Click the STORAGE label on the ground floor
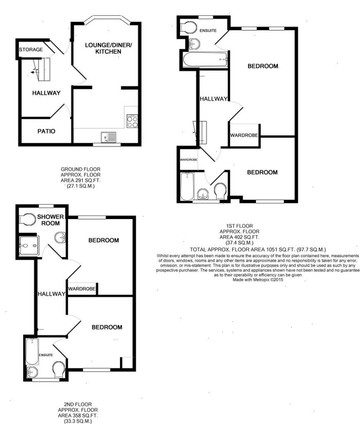pyautogui.click(x=31, y=50)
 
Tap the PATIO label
pyautogui.click(x=46, y=131)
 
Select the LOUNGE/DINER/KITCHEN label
pyautogui.click(x=108, y=48)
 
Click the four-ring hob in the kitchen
pyautogui.click(x=132, y=121)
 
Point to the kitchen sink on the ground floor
pyautogui.click(x=109, y=137)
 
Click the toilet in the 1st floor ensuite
pyautogui.click(x=188, y=27)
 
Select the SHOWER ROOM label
pyautogui.click(x=51, y=220)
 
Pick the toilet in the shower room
pyautogui.click(x=28, y=219)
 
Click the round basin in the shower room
pyautogui.click(x=60, y=238)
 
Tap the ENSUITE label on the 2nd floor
pyautogui.click(x=46, y=355)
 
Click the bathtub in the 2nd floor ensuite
pyautogui.click(x=32, y=352)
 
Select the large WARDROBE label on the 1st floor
pyautogui.click(x=244, y=135)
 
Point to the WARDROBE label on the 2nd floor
pyautogui.click(x=82, y=289)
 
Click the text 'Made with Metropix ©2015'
pyautogui.click(x=258, y=280)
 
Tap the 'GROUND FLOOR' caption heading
pyautogui.click(x=81, y=169)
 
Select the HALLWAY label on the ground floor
pyautogui.click(x=46, y=93)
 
